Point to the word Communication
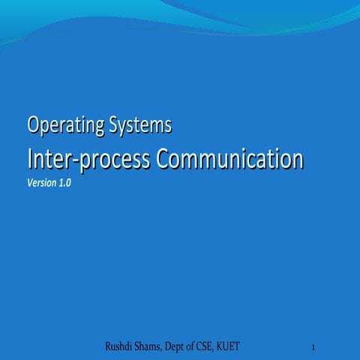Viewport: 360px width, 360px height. tap(229, 159)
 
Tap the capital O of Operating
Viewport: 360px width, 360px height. tap(33, 124)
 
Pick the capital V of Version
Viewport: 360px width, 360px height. tap(29, 184)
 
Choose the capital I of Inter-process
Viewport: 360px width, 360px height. tap(29, 158)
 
